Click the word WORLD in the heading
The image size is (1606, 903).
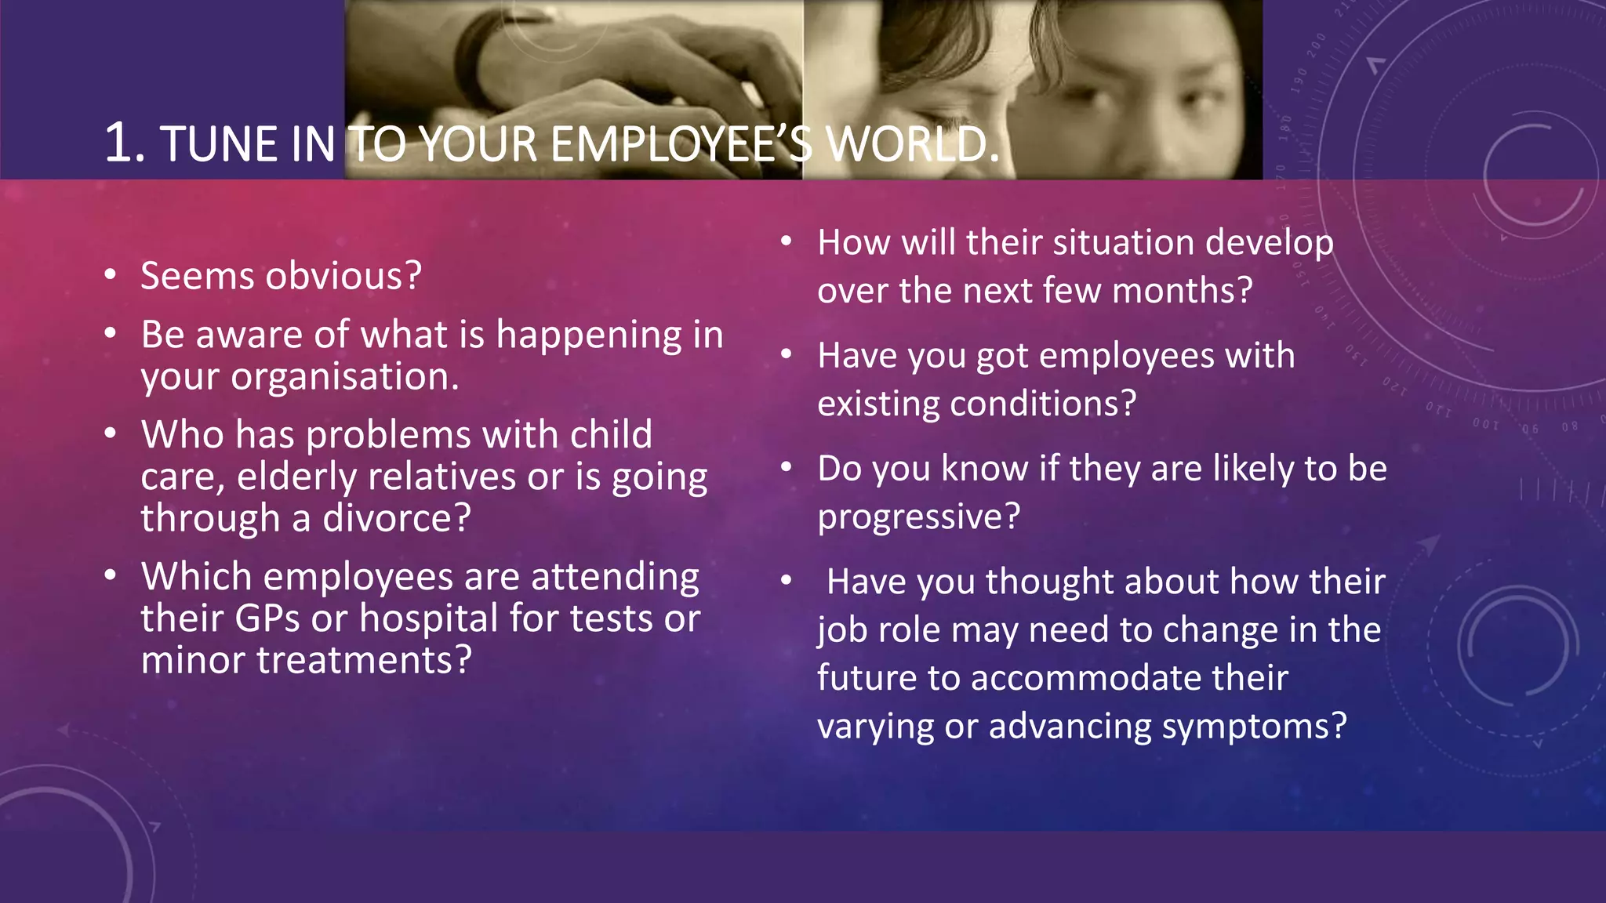(x=914, y=145)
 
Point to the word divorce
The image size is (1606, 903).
(x=397, y=519)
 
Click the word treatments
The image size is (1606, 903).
(x=364, y=661)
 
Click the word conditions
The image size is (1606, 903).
(x=1042, y=404)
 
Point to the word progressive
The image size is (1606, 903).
(x=918, y=517)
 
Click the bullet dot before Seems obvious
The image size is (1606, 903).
(x=111, y=274)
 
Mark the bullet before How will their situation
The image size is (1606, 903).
(x=787, y=241)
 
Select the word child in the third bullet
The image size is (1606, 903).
(x=611, y=435)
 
